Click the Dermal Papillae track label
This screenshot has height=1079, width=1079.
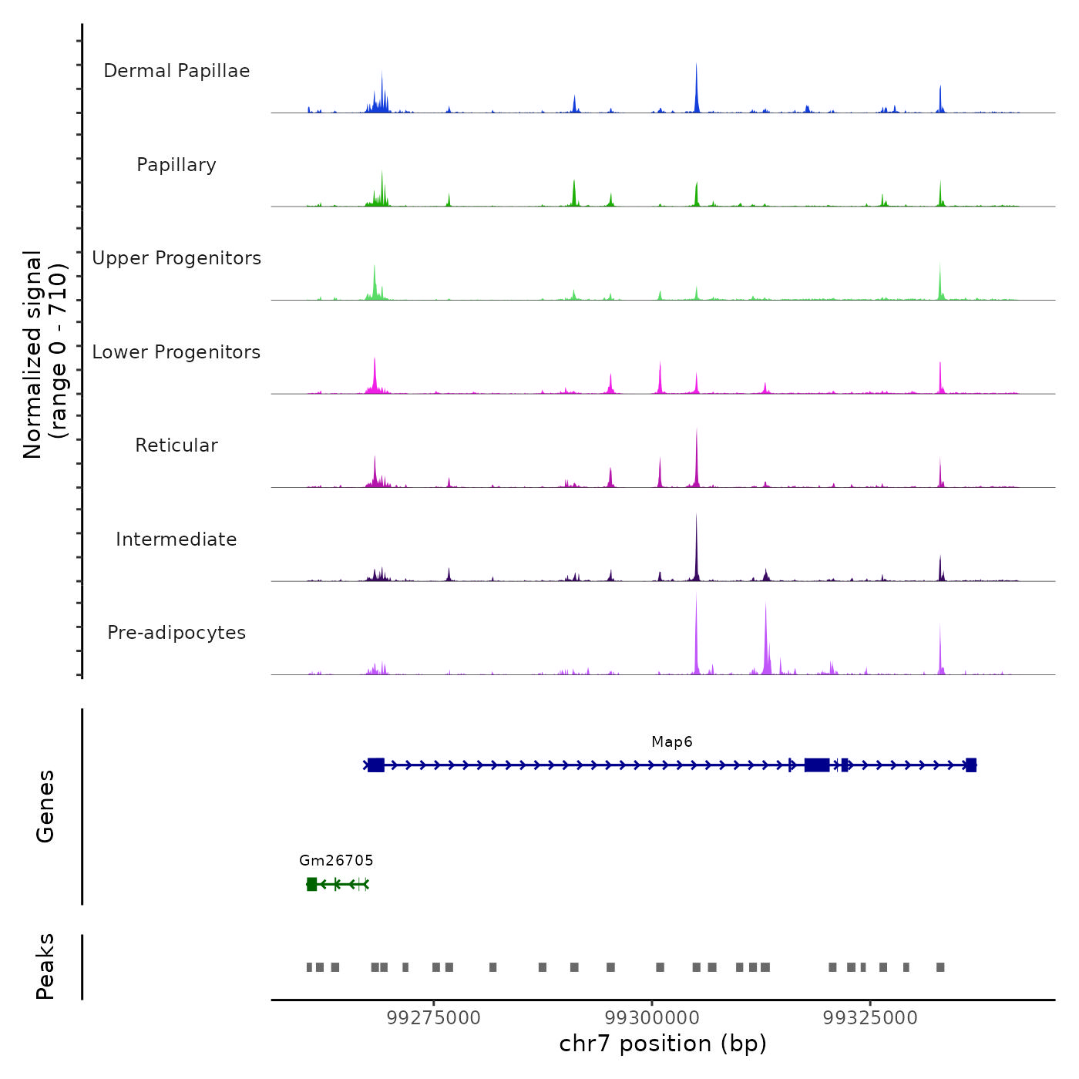176,71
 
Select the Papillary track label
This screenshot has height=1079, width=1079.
176,165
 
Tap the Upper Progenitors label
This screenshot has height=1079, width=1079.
176,258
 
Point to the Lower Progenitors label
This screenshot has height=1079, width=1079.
176,352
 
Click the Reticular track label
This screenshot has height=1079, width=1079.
176,445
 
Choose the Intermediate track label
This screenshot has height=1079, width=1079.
176,539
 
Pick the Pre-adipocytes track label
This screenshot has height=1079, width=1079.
176,633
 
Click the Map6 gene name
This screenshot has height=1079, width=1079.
671,742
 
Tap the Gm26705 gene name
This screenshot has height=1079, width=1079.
336,860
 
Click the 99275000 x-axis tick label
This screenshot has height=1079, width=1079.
434,1018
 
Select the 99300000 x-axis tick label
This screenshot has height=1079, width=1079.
652,1018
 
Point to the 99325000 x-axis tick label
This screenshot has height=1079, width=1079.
870,1018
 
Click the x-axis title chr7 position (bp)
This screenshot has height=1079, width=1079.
663,1044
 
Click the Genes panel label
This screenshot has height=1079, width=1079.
45,806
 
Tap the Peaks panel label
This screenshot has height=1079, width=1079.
45,966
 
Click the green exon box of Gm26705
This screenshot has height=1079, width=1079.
311,884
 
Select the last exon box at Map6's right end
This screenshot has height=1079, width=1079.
970,765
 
